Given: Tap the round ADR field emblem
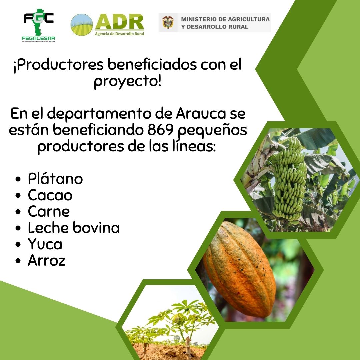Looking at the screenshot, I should click(82, 25).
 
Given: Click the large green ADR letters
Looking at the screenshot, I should click(119, 22).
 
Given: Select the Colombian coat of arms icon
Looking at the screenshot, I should click(168, 23).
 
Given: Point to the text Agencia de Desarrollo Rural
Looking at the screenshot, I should click(119, 34).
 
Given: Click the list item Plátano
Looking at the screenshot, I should click(55, 179).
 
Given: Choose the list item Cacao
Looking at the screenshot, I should click(50, 195).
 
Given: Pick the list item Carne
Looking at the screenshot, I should click(49, 212).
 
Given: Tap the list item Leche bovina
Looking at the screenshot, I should click(74, 228).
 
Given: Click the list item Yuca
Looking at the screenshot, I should click(45, 244).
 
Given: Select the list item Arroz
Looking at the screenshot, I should click(47, 261).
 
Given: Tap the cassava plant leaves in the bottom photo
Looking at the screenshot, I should click(177, 317).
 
